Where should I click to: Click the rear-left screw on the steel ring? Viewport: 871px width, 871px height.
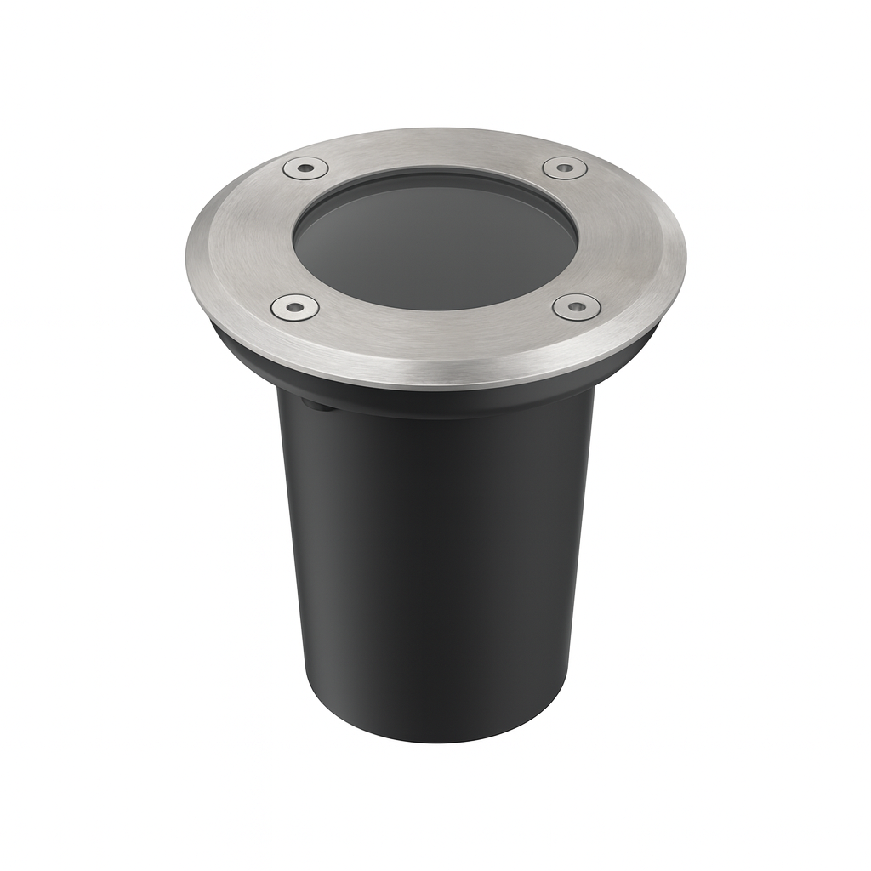305,168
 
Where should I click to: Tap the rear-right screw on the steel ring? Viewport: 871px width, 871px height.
565,168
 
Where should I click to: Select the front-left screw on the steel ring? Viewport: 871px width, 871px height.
294,306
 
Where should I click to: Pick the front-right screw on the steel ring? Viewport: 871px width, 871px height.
576,306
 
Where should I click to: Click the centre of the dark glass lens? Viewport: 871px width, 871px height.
435,240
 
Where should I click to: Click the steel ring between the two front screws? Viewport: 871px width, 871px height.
435,336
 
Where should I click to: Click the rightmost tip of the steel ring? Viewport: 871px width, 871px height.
683,255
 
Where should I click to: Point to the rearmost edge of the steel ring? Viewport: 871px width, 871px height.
435,130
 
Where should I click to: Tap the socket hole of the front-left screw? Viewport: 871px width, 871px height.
294,306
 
